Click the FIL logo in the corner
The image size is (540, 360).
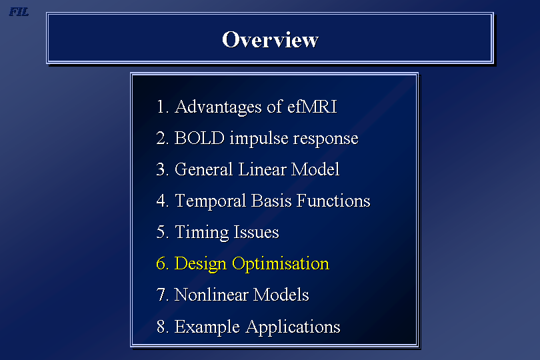coord(19,12)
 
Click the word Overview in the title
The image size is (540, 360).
coord(271,39)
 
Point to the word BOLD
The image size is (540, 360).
coord(200,138)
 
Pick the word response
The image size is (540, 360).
coord(326,139)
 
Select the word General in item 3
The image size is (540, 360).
coord(204,169)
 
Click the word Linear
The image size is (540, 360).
coord(262,169)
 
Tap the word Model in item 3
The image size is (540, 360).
coord(315,169)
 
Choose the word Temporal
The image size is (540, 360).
coord(211,201)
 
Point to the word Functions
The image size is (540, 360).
coord(333,201)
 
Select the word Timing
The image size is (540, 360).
coord(202,233)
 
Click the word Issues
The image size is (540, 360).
coord(256,232)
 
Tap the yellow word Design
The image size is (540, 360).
coord(201,264)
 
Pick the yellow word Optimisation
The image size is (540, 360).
coord(281,264)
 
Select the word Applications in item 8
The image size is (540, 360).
coord(293,327)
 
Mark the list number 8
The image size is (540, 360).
coord(161,327)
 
